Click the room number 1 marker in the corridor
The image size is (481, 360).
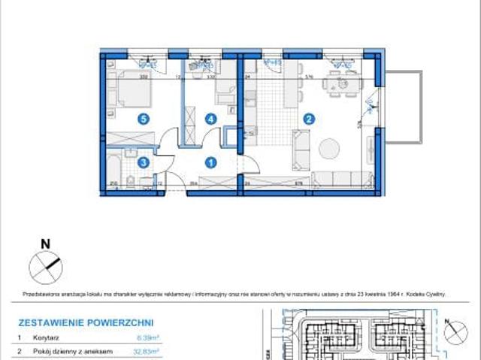coord(212,162)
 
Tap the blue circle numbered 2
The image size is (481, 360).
coord(308,118)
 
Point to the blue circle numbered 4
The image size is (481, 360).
coord(212,118)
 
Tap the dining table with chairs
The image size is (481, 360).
coord(336,85)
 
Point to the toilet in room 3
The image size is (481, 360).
coord(129,180)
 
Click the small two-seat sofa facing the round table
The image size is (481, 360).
coord(301,149)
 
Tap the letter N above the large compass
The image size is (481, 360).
coord(45,244)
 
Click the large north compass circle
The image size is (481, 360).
coord(44,266)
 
